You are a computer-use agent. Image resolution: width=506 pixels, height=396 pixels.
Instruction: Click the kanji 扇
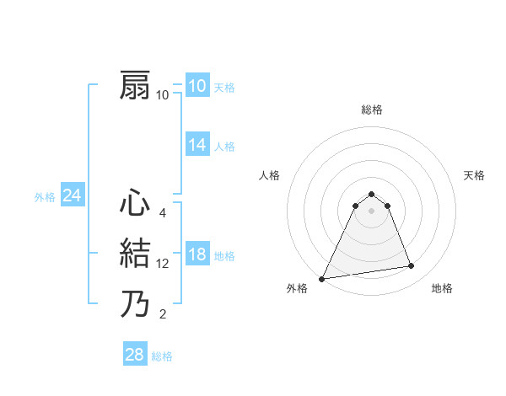click(x=136, y=86)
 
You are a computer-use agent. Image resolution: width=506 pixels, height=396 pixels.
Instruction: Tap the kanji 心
click(x=136, y=204)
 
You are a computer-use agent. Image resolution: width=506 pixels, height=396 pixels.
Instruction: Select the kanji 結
click(x=136, y=254)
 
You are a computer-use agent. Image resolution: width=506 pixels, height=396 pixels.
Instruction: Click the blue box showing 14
click(x=196, y=145)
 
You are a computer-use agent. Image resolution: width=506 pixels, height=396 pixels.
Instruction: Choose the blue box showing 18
click(x=196, y=254)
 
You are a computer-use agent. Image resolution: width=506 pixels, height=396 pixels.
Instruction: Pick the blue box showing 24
click(x=72, y=196)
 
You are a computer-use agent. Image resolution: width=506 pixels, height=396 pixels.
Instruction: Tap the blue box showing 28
click(x=134, y=355)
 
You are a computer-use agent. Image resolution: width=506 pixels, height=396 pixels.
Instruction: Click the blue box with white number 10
click(x=196, y=86)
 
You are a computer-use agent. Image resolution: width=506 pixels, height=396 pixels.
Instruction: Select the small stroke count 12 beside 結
click(x=163, y=264)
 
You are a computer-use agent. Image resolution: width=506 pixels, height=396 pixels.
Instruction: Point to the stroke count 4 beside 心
click(x=162, y=213)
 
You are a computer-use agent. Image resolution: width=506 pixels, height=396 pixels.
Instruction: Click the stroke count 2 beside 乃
click(x=162, y=315)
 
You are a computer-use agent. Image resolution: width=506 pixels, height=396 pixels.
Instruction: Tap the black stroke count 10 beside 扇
click(x=163, y=95)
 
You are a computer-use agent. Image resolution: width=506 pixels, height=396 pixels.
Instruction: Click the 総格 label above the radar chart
click(x=371, y=110)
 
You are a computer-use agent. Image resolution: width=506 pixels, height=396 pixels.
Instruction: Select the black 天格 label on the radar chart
click(x=474, y=175)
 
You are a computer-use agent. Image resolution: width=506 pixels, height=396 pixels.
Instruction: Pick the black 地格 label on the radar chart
click(x=442, y=288)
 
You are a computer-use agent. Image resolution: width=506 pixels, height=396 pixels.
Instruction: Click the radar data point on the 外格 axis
click(x=322, y=278)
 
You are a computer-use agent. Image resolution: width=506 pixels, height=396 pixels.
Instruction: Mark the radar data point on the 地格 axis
click(x=412, y=266)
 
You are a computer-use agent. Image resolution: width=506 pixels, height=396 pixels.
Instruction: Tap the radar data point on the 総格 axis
click(x=371, y=194)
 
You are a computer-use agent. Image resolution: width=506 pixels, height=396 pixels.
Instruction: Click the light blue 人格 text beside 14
click(x=224, y=147)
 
